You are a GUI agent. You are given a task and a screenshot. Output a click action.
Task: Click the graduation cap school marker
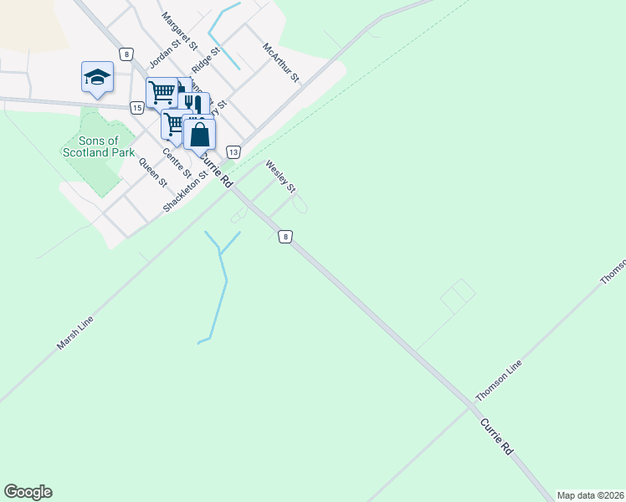(97, 77)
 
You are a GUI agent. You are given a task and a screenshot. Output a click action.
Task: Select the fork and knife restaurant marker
(193, 104)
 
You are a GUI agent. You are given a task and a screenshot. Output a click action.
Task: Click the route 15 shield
(136, 107)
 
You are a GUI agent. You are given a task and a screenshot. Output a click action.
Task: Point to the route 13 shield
(233, 151)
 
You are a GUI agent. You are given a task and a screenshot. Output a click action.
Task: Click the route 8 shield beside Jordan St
(126, 54)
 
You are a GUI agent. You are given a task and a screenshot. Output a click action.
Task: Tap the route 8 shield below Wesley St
(286, 237)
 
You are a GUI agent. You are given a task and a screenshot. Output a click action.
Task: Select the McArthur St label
(280, 63)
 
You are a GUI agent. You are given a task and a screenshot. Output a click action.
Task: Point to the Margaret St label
(179, 29)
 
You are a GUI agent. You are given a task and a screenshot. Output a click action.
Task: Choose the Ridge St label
(205, 60)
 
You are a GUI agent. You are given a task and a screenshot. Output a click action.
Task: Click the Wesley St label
(281, 177)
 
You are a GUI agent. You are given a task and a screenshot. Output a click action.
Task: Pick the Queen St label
(153, 172)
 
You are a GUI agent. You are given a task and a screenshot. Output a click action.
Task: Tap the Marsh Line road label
(74, 332)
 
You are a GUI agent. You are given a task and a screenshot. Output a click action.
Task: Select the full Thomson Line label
(499, 379)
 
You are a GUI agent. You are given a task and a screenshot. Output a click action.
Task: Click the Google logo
(28, 492)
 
